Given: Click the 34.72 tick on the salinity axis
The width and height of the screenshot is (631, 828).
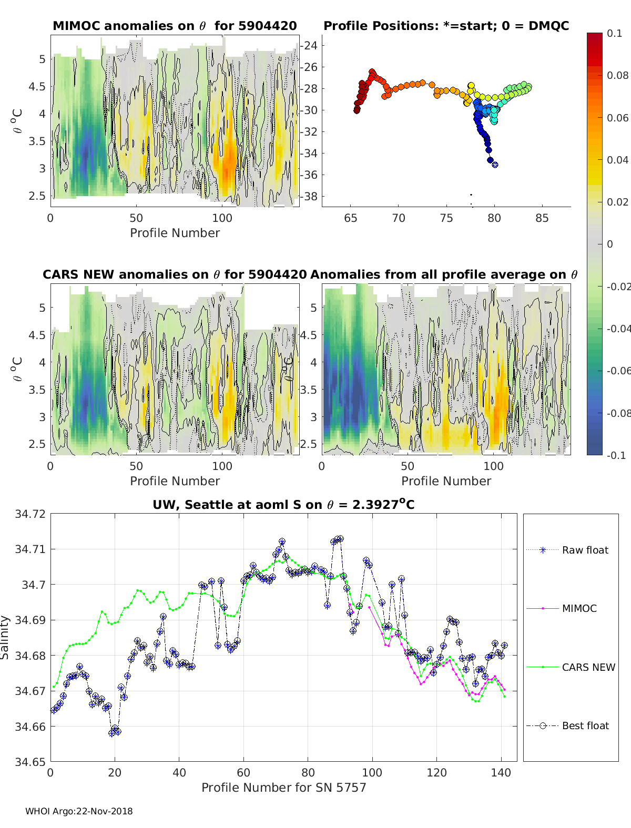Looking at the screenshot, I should coord(30,514).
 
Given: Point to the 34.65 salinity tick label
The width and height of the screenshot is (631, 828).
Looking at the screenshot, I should coord(30,762).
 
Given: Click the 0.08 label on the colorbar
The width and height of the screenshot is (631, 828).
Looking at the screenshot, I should coord(617,75).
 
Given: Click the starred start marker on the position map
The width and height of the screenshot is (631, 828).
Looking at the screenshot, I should coord(495,165).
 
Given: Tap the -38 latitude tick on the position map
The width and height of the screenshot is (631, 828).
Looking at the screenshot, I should coord(309,196).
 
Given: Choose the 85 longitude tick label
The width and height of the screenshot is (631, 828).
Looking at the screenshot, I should coord(542,218).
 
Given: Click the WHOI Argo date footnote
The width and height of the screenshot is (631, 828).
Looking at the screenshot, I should coord(79,811).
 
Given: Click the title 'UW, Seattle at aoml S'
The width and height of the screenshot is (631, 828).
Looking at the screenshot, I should coord(283,505).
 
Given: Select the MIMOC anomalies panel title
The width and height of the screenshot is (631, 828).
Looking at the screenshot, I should coord(175,26).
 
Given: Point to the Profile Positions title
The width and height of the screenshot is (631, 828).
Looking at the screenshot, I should coord(446,26).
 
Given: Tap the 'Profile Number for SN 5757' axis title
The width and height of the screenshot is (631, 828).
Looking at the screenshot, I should coord(283,788).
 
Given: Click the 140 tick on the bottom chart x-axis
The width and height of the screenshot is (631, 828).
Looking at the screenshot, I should coord(501,772).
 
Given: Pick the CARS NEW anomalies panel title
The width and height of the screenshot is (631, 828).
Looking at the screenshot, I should coord(175,274).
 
